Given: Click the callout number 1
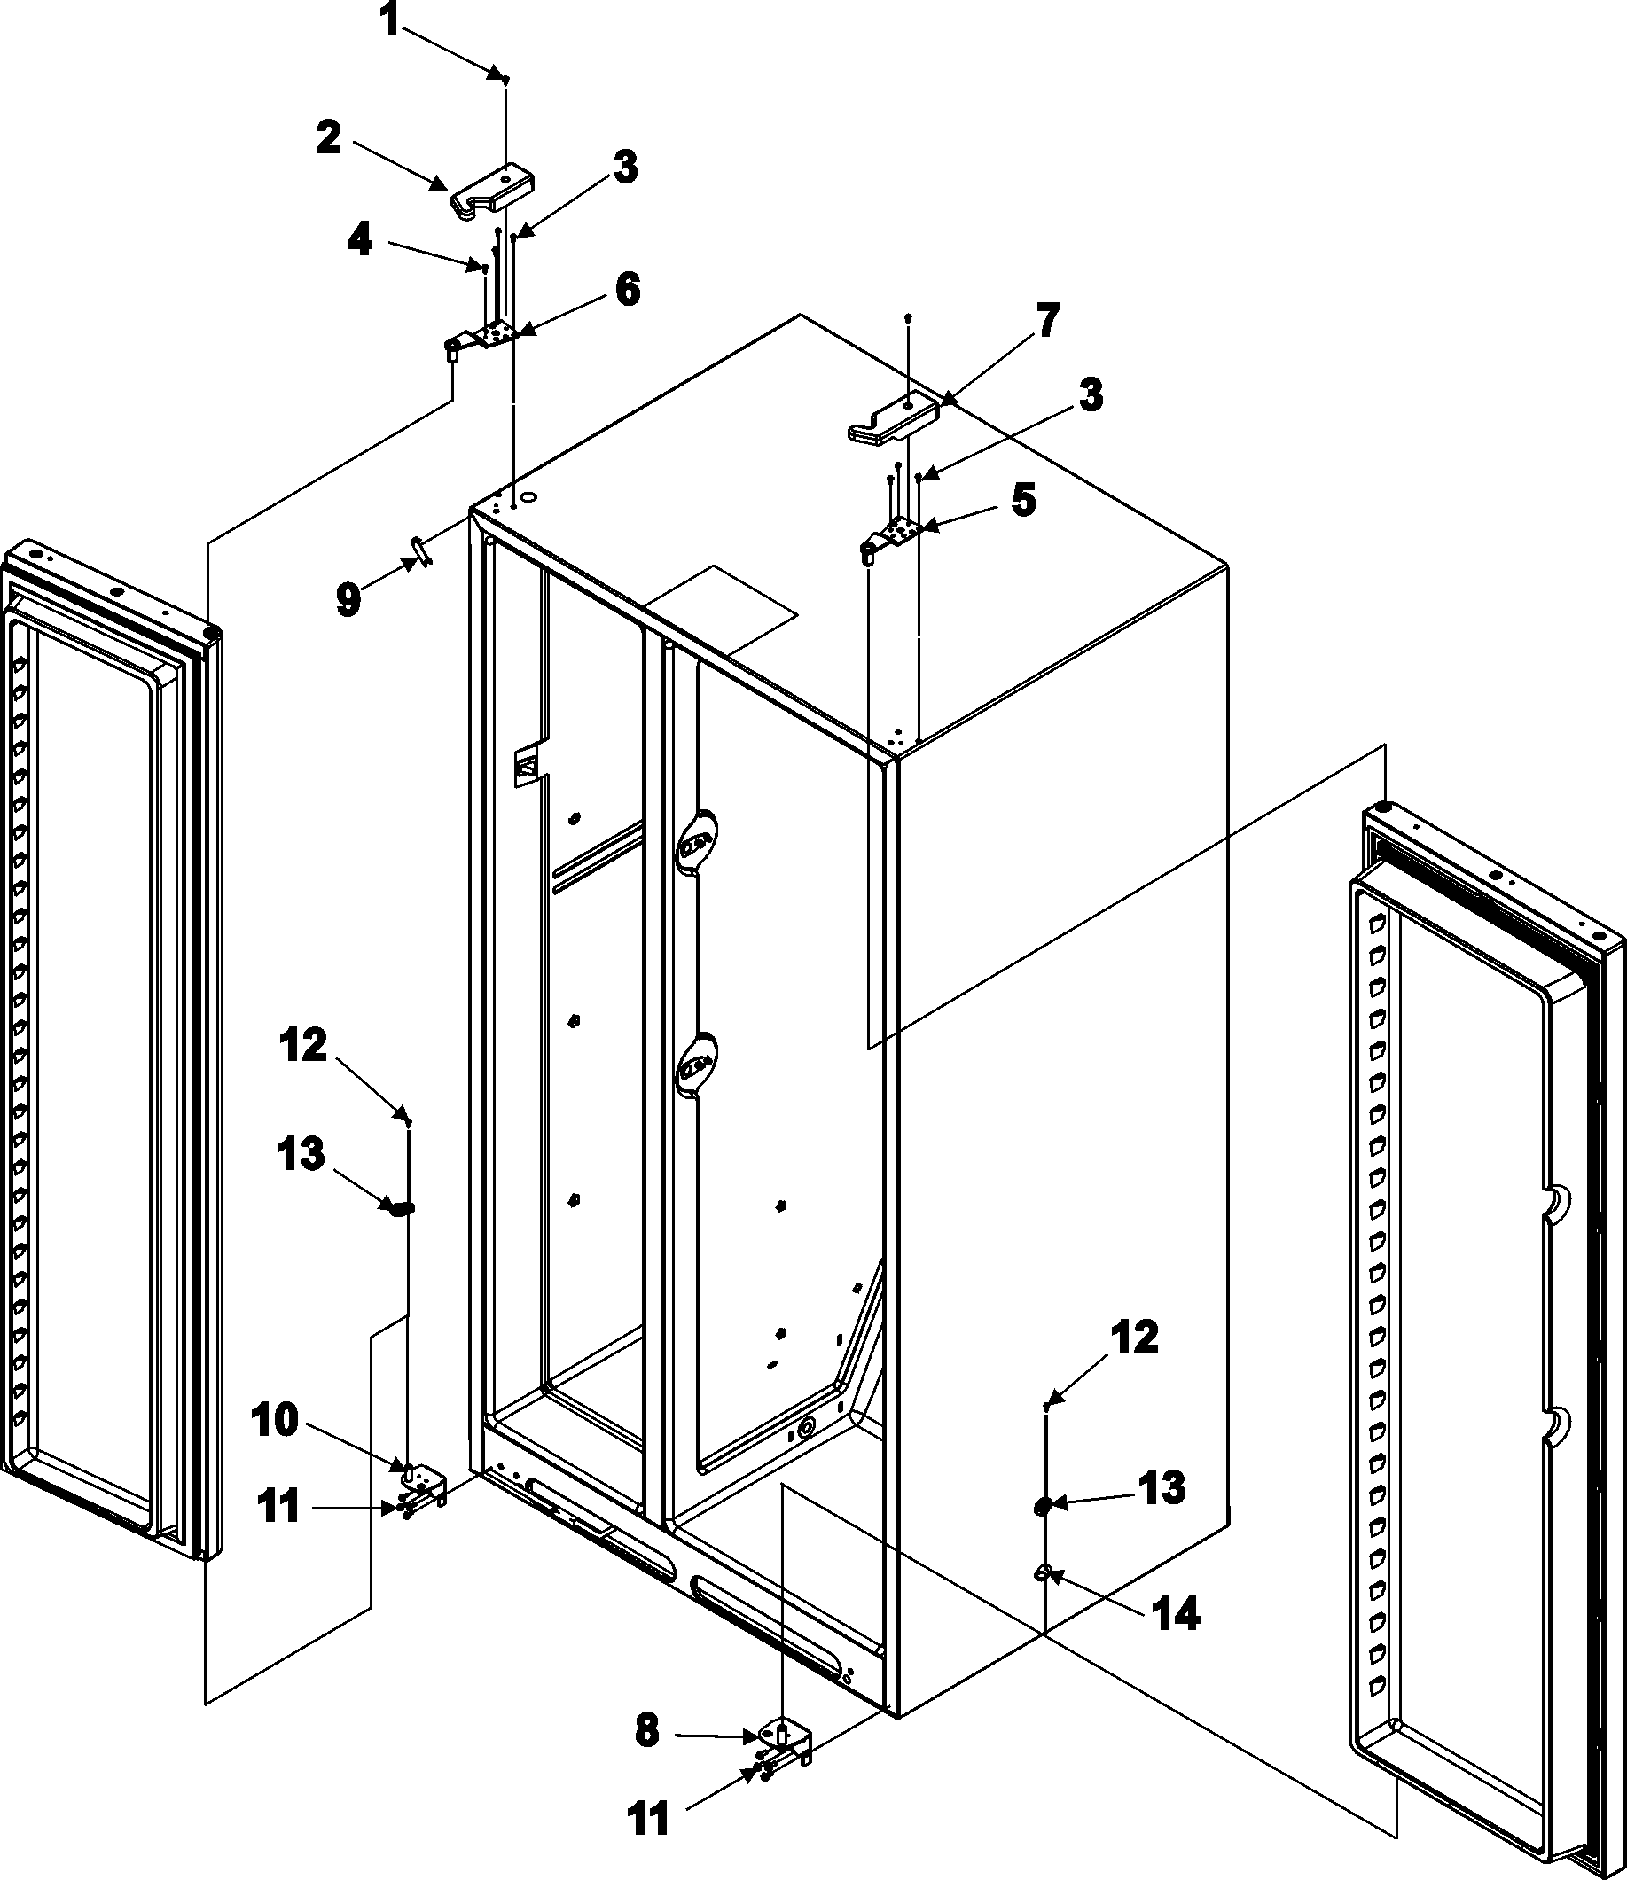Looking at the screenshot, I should click(388, 20).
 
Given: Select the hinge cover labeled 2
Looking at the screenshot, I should click(491, 190).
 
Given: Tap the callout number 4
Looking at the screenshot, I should click(360, 240).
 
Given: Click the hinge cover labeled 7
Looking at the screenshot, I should click(896, 417).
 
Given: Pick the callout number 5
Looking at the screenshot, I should click(1023, 501).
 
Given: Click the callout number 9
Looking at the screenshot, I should click(349, 600).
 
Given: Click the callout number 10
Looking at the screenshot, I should click(275, 1422).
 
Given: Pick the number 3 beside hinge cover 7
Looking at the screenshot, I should click(1090, 396).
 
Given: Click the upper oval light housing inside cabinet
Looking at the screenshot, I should click(694, 839).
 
